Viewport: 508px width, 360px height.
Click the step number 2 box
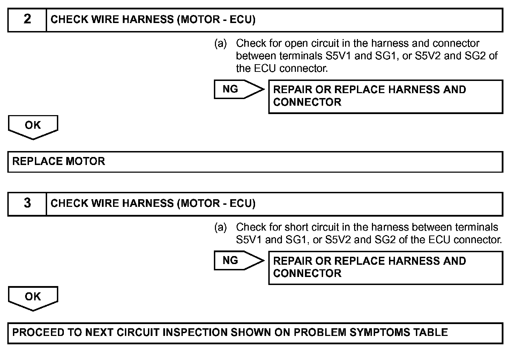(x=27, y=20)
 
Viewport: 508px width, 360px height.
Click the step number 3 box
(x=27, y=203)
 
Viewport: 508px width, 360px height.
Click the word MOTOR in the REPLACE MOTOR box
(x=85, y=162)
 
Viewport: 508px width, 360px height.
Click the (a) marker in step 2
(x=221, y=44)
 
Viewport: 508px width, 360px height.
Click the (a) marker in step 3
(x=221, y=227)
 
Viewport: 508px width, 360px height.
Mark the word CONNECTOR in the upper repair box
(x=307, y=102)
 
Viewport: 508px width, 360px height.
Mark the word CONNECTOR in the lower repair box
(x=307, y=273)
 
